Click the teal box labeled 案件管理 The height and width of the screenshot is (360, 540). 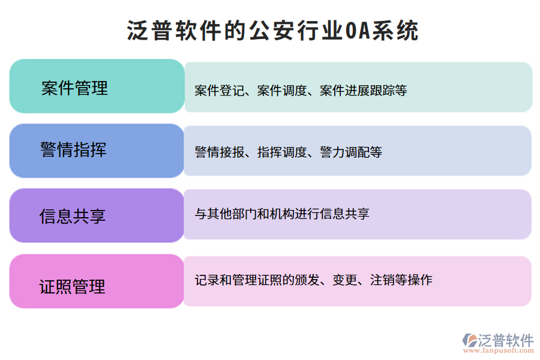(x=97, y=86)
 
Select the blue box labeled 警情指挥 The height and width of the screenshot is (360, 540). (x=97, y=151)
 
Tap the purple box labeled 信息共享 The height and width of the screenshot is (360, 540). (x=97, y=215)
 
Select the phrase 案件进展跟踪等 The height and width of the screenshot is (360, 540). (x=364, y=91)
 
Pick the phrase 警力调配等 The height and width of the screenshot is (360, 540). (x=351, y=152)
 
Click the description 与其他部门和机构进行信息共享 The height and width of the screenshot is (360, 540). (x=282, y=214)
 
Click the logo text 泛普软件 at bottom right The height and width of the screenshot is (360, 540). (x=506, y=340)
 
